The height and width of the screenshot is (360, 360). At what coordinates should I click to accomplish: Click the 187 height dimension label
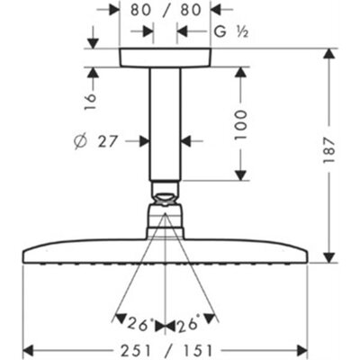[328, 149]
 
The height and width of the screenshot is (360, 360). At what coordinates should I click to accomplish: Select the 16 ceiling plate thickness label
[90, 102]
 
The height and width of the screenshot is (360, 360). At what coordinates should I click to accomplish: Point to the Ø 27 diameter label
[94, 141]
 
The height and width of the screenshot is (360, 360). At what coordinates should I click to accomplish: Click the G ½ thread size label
[231, 31]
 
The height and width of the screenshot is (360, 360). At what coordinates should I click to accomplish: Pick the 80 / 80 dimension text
[166, 10]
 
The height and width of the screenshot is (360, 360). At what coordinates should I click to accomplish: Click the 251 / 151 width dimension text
[166, 351]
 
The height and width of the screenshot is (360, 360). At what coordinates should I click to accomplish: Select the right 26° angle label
[187, 323]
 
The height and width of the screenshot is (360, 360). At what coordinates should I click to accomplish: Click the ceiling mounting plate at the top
[166, 58]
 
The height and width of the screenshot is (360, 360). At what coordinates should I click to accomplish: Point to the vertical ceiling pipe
[166, 124]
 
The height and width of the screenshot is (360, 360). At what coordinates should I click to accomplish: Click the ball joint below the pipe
[166, 200]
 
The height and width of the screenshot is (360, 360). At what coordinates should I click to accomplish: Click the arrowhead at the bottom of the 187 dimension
[329, 256]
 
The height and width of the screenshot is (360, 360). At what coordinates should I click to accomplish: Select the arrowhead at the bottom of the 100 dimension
[240, 175]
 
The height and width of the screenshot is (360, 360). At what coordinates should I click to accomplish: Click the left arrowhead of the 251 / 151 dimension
[29, 350]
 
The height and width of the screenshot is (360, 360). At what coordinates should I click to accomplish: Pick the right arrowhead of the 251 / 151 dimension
[302, 350]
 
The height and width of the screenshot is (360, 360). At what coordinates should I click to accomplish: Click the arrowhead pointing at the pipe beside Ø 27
[144, 140]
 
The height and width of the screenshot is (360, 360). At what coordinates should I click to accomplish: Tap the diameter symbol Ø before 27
[80, 142]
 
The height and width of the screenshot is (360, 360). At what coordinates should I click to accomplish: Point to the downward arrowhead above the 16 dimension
[94, 43]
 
